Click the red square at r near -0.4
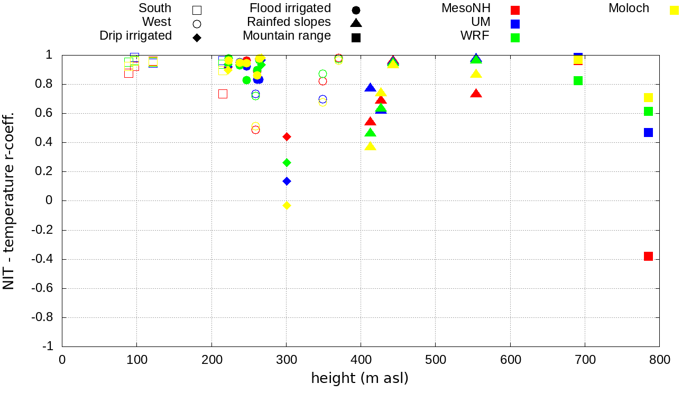click(x=648, y=257)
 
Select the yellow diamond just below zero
click(x=287, y=205)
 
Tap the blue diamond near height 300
click(x=287, y=181)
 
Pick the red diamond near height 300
click(x=287, y=136)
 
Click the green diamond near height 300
click(x=287, y=162)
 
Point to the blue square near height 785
click(x=648, y=132)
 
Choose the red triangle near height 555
click(x=476, y=94)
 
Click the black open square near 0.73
click(x=223, y=94)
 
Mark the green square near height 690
click(x=578, y=80)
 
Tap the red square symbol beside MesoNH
click(x=515, y=10)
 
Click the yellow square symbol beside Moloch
click(x=674, y=10)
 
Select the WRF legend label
click(x=475, y=36)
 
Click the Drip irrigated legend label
click(x=135, y=36)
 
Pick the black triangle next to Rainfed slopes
click(x=356, y=23)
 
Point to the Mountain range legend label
click(x=287, y=36)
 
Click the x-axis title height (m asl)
click(x=360, y=379)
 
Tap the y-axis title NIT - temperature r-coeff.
click(x=9, y=200)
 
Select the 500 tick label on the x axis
click(x=435, y=360)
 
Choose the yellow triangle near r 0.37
click(x=370, y=146)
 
